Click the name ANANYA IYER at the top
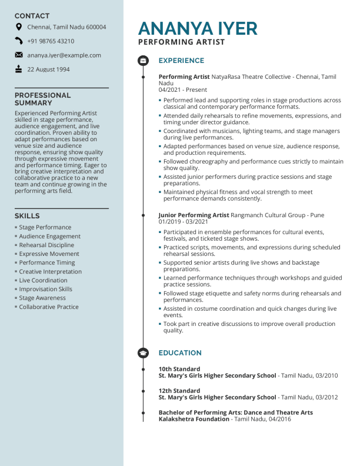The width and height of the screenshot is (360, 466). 198,28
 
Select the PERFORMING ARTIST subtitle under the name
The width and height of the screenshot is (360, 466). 181,42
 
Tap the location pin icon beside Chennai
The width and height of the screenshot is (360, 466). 19,27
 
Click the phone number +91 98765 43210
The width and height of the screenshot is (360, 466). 51,41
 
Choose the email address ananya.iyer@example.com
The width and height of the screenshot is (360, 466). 64,55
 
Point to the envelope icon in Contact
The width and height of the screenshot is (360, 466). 19,55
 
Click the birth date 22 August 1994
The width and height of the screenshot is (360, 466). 48,69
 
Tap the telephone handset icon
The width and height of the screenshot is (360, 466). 19,41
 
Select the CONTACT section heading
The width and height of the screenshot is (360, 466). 32,16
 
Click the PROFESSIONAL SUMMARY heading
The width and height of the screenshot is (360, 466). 42,99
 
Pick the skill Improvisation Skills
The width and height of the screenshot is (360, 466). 46,289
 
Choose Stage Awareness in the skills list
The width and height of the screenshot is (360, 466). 42,298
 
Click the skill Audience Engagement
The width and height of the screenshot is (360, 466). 50,236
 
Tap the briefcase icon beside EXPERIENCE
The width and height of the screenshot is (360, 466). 143,61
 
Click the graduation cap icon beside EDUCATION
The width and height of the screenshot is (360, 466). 143,353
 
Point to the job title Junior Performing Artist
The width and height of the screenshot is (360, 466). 194,215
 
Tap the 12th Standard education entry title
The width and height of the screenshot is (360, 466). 179,391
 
